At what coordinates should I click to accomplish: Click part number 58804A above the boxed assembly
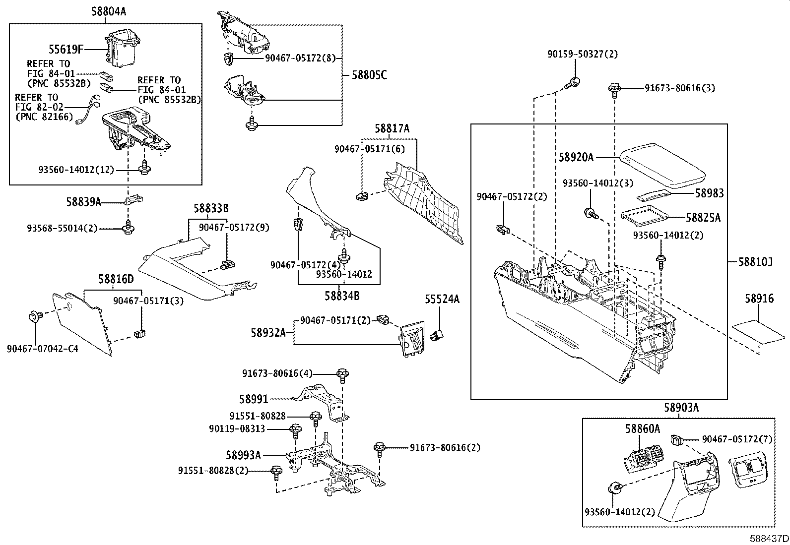[108, 11]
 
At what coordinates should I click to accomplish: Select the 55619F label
[66, 49]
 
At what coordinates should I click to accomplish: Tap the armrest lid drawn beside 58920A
[662, 164]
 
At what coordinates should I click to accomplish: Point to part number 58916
[759, 299]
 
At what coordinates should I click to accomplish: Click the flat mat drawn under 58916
[758, 333]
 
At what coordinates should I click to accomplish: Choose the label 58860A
[642, 428]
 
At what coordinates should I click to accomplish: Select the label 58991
[254, 399]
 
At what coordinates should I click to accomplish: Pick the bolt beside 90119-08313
[295, 430]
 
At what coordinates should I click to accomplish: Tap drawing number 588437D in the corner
[769, 538]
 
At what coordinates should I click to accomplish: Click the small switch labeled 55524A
[438, 335]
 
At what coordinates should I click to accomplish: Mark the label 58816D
[116, 279]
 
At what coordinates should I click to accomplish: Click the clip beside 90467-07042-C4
[36, 316]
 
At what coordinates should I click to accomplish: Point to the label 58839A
[83, 202]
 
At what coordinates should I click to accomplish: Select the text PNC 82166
[44, 117]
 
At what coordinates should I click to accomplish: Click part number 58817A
[392, 129]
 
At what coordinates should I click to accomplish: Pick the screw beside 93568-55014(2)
[129, 227]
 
